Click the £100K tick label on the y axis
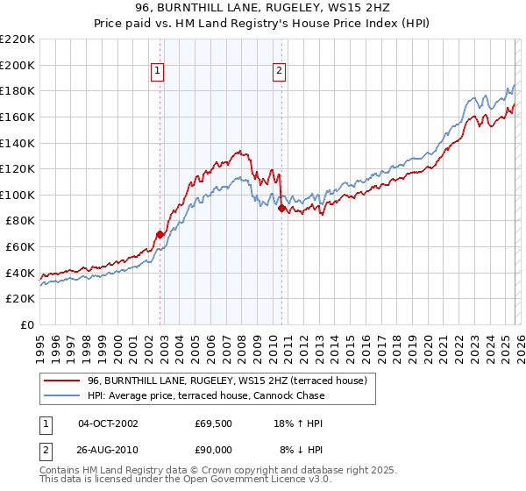coord(18,195)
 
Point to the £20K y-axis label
coord(20,299)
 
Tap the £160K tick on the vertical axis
coord(18,117)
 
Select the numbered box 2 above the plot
coord(279,72)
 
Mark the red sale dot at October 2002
coord(160,234)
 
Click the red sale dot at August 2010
coord(281,208)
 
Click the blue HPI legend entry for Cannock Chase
coord(206,395)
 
